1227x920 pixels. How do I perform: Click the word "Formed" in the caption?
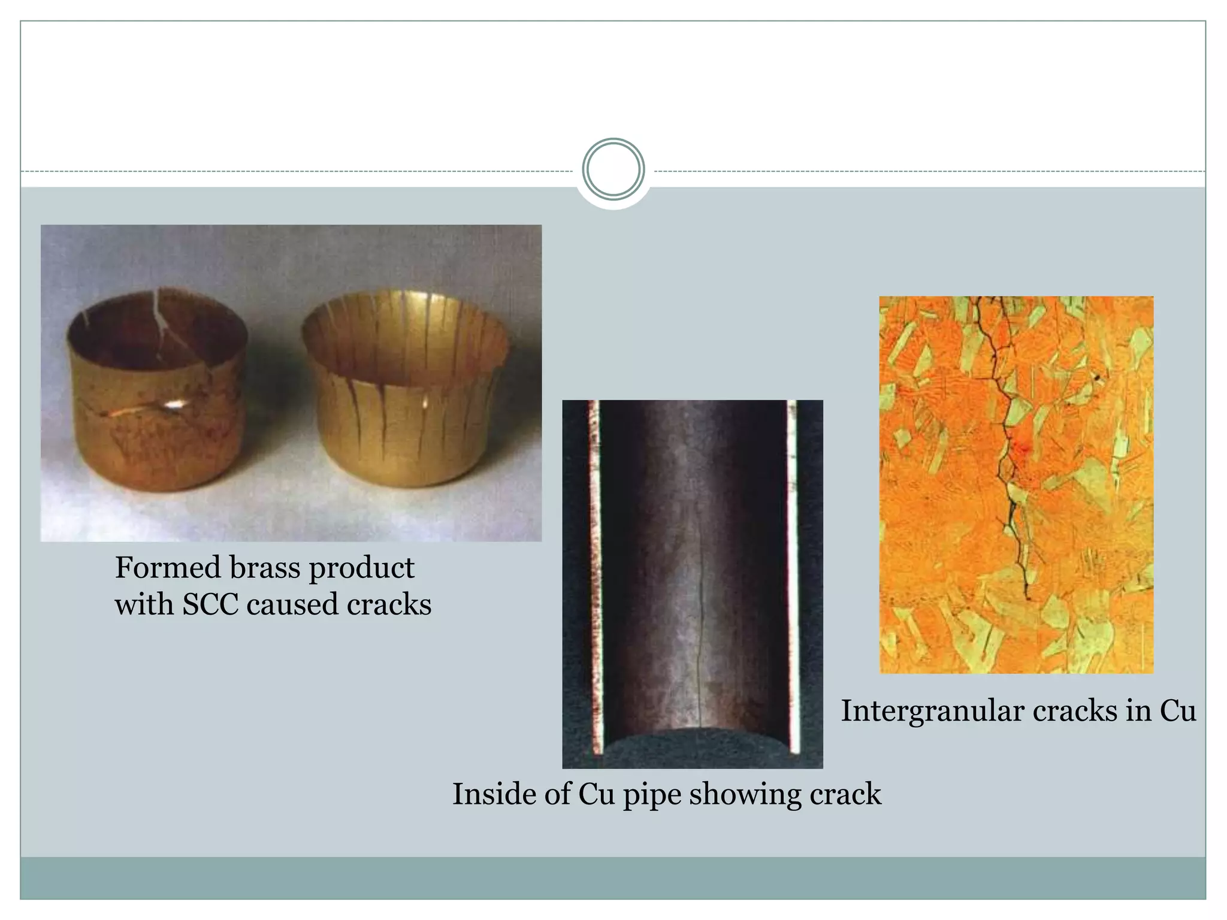[x=167, y=568]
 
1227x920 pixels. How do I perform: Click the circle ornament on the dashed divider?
[x=613, y=170]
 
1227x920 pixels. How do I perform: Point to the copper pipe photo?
[x=692, y=584]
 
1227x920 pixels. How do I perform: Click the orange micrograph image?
[x=1016, y=485]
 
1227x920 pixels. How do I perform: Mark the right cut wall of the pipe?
[x=793, y=575]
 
